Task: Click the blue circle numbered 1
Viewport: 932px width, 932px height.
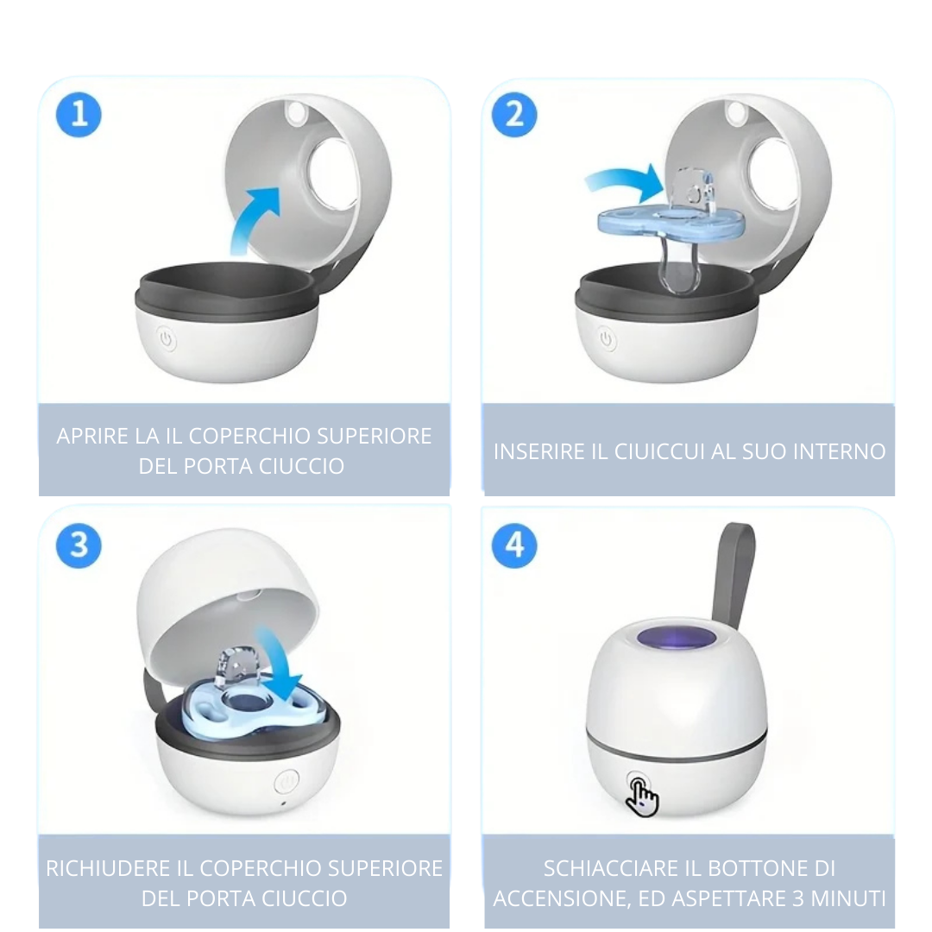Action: (x=79, y=115)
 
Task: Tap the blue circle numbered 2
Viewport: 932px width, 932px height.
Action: (x=514, y=115)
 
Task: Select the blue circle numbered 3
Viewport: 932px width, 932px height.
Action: (x=79, y=546)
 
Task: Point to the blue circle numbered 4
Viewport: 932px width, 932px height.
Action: (x=514, y=546)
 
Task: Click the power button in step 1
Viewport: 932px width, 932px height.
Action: (x=167, y=340)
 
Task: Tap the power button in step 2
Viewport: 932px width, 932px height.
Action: (x=608, y=340)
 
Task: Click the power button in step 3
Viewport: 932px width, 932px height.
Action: (x=286, y=782)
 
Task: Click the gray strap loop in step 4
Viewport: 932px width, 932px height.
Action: (x=736, y=570)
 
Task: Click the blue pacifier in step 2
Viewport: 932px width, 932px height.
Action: (x=664, y=224)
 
